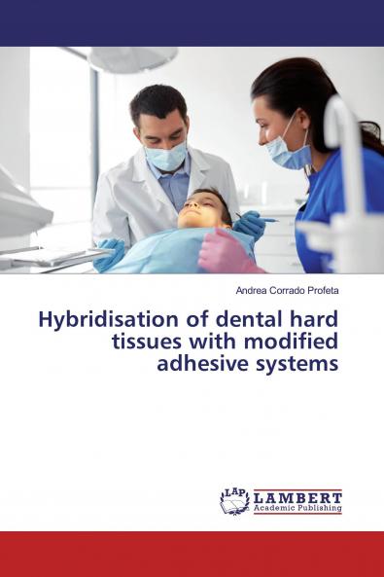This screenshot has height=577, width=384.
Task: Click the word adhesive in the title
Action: coord(223,365)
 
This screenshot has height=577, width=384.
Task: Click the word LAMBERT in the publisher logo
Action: coord(297,495)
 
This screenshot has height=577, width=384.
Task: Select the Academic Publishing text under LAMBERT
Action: coord(297,508)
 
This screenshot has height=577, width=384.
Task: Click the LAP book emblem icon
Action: coord(234,501)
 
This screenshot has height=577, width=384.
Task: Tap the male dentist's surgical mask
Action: coord(166,156)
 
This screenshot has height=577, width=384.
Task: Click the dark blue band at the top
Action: coord(192,22)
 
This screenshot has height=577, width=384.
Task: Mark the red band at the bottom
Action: coord(192,554)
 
